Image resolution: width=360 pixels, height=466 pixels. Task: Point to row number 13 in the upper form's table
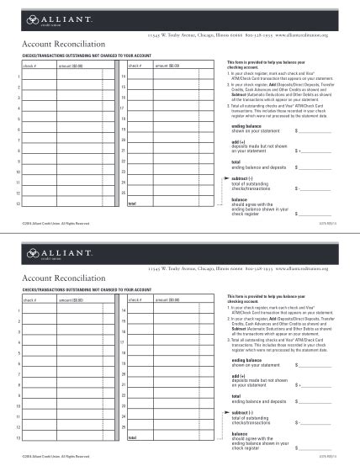click(18, 204)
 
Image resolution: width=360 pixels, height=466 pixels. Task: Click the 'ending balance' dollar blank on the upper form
click(319, 130)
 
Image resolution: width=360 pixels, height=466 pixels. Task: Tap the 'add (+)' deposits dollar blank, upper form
click(319, 151)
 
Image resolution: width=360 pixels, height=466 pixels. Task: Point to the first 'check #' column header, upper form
click(29, 66)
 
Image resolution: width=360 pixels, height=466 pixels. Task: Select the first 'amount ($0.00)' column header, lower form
click(71, 299)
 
